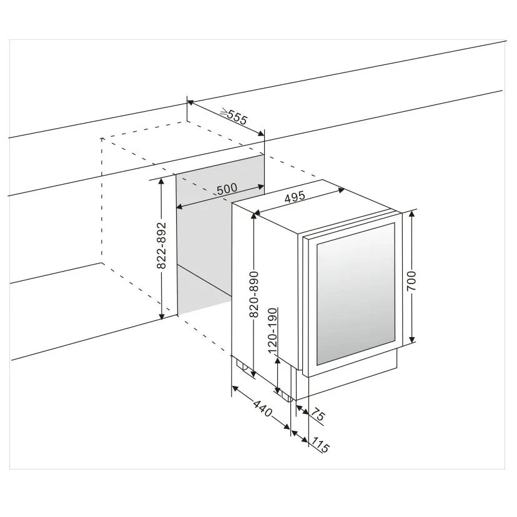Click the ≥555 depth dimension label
[234, 116]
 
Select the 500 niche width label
[227, 189]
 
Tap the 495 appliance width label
[295, 197]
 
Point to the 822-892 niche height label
[161, 245]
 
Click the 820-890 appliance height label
[254, 295]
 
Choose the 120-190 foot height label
[273, 331]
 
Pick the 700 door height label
[411, 281]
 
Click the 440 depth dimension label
[263, 408]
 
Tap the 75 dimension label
[318, 414]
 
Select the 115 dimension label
[320, 445]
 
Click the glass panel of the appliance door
[355, 294]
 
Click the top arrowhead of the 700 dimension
[411, 214]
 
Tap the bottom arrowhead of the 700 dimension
[411, 340]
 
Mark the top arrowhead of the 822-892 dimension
[162, 181]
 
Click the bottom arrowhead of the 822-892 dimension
[162, 316]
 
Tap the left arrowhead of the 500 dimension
[180, 207]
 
